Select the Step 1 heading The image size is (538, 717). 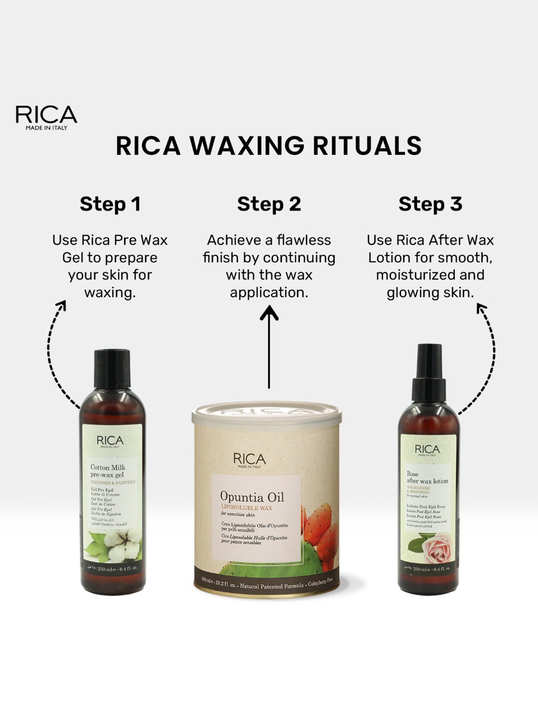click(x=110, y=204)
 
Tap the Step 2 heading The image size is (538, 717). click(x=269, y=204)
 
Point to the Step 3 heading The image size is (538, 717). click(x=430, y=204)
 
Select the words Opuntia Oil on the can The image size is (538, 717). click(x=252, y=497)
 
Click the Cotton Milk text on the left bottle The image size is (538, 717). click(x=108, y=467)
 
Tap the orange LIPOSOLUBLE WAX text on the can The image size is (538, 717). click(x=246, y=508)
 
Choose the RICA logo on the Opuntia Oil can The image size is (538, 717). click(x=249, y=460)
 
